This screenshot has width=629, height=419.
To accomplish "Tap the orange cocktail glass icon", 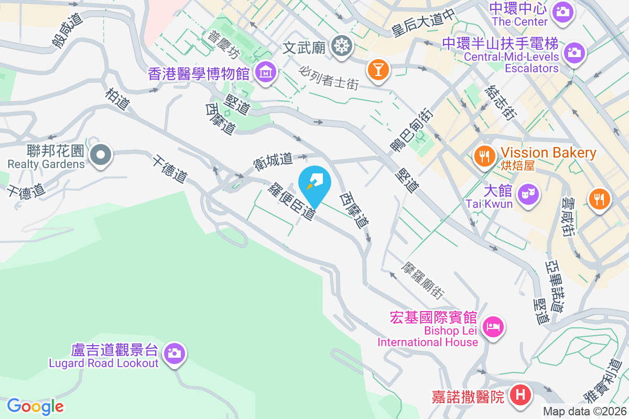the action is coord(377,69).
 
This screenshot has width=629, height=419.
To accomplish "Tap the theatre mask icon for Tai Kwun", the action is coord(527,194).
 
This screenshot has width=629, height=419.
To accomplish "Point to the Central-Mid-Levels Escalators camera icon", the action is coord(574,52).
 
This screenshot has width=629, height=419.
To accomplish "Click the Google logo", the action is coord(35,406).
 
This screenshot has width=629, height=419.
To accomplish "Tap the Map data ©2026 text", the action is coord(584,412).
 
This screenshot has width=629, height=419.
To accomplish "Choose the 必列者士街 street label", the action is coord(330,78).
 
